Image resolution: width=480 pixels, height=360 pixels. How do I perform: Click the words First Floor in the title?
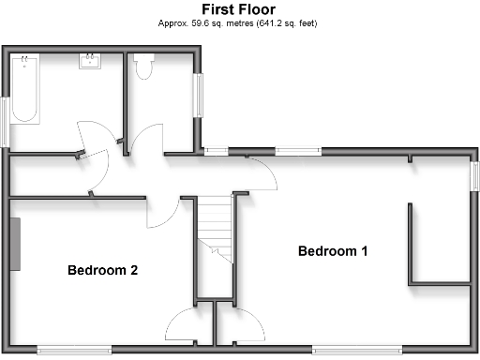(238, 9)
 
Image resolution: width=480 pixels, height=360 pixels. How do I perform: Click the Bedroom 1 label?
(333, 251)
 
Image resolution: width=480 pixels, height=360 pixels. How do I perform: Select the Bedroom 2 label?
(103, 271)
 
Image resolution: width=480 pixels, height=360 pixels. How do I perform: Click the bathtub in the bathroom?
(24, 89)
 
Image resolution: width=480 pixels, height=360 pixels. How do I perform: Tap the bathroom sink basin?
(91, 63)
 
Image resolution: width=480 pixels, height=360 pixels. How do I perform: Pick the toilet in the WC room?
(143, 67)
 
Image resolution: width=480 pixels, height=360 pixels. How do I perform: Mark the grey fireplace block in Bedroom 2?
(15, 242)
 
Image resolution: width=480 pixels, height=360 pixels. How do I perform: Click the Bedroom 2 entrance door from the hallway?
(161, 214)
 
